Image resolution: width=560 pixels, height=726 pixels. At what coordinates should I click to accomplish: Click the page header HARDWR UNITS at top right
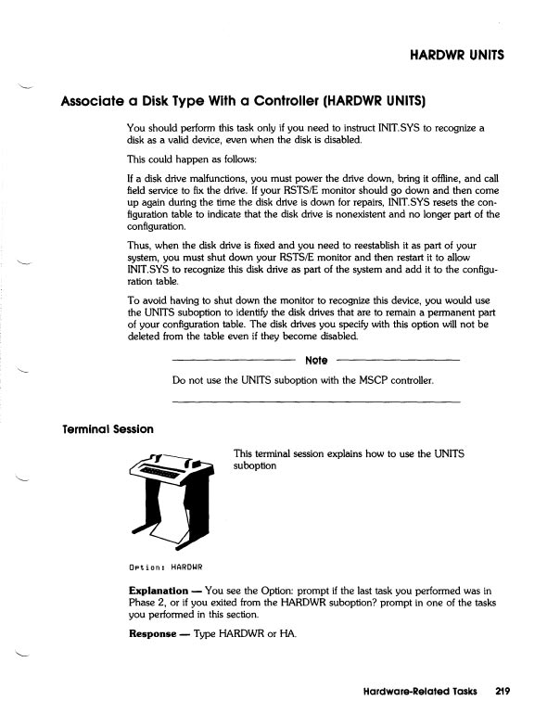tap(456, 54)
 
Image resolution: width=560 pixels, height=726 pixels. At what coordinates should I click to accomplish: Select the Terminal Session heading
tap(107, 429)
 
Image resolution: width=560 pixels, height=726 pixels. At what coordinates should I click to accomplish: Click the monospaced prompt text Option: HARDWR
tap(165, 565)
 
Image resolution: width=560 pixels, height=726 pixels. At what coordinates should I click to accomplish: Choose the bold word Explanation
tap(159, 590)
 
